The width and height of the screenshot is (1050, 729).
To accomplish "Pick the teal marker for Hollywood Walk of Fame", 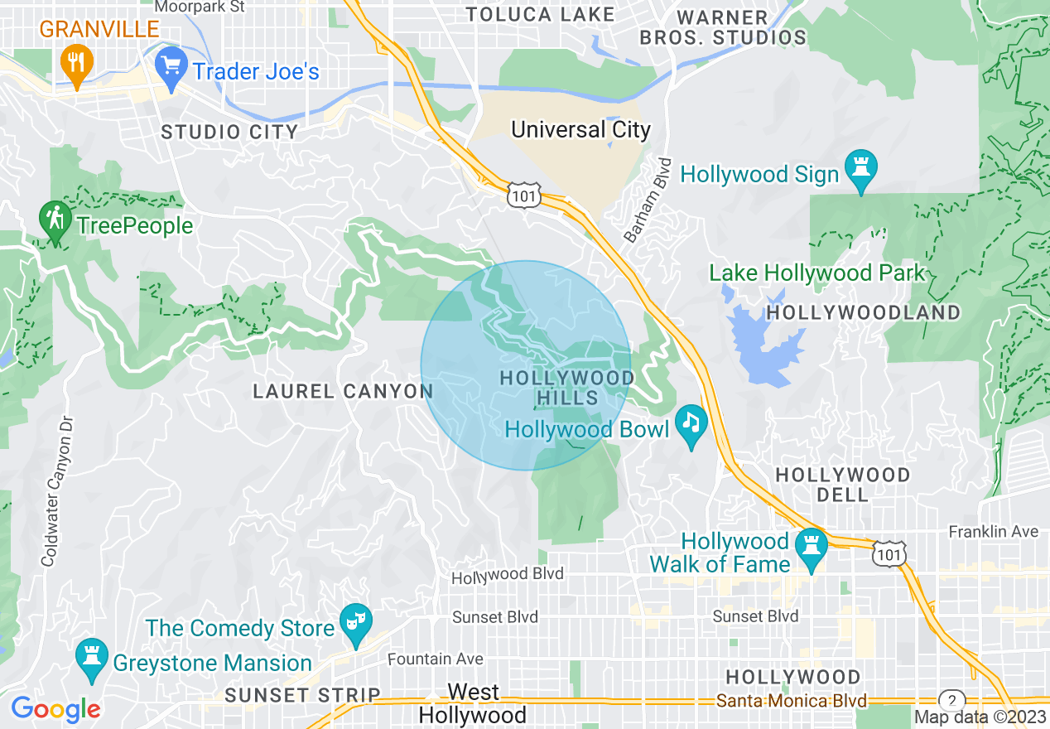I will point(812,548).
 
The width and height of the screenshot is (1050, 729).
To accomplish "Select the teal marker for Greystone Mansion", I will point(91,658).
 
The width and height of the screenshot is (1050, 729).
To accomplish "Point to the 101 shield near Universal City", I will point(526,195).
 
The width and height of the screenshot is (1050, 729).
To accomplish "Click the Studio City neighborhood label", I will point(229,132).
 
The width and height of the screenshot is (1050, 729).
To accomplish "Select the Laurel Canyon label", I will point(343,391).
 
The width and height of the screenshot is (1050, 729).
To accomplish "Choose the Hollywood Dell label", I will point(842,485).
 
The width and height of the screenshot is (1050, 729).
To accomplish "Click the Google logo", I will point(55,709).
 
